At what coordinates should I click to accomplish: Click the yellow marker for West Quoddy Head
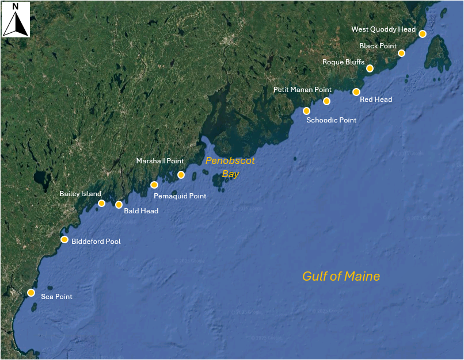(x=422, y=34)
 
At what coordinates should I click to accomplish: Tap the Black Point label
(x=378, y=46)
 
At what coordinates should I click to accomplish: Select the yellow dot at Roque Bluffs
(x=370, y=68)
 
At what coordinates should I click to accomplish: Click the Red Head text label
(x=376, y=99)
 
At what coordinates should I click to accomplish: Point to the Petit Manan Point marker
(x=326, y=101)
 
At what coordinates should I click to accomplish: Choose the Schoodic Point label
(x=332, y=120)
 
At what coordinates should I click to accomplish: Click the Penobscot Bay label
(x=230, y=167)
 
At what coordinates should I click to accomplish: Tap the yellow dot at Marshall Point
(x=181, y=175)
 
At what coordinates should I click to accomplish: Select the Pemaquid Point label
(x=180, y=196)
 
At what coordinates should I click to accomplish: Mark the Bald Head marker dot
(x=119, y=205)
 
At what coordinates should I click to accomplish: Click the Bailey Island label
(x=80, y=194)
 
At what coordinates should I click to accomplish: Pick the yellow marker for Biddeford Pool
(x=64, y=239)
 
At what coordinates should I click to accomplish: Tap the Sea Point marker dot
(x=31, y=293)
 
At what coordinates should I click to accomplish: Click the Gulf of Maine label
(x=341, y=277)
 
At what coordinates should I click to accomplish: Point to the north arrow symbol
(x=16, y=24)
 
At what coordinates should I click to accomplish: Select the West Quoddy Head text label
(x=383, y=29)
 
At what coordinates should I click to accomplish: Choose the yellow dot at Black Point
(x=401, y=53)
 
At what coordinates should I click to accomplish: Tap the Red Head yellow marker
(x=356, y=92)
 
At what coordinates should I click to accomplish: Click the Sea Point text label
(x=56, y=297)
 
